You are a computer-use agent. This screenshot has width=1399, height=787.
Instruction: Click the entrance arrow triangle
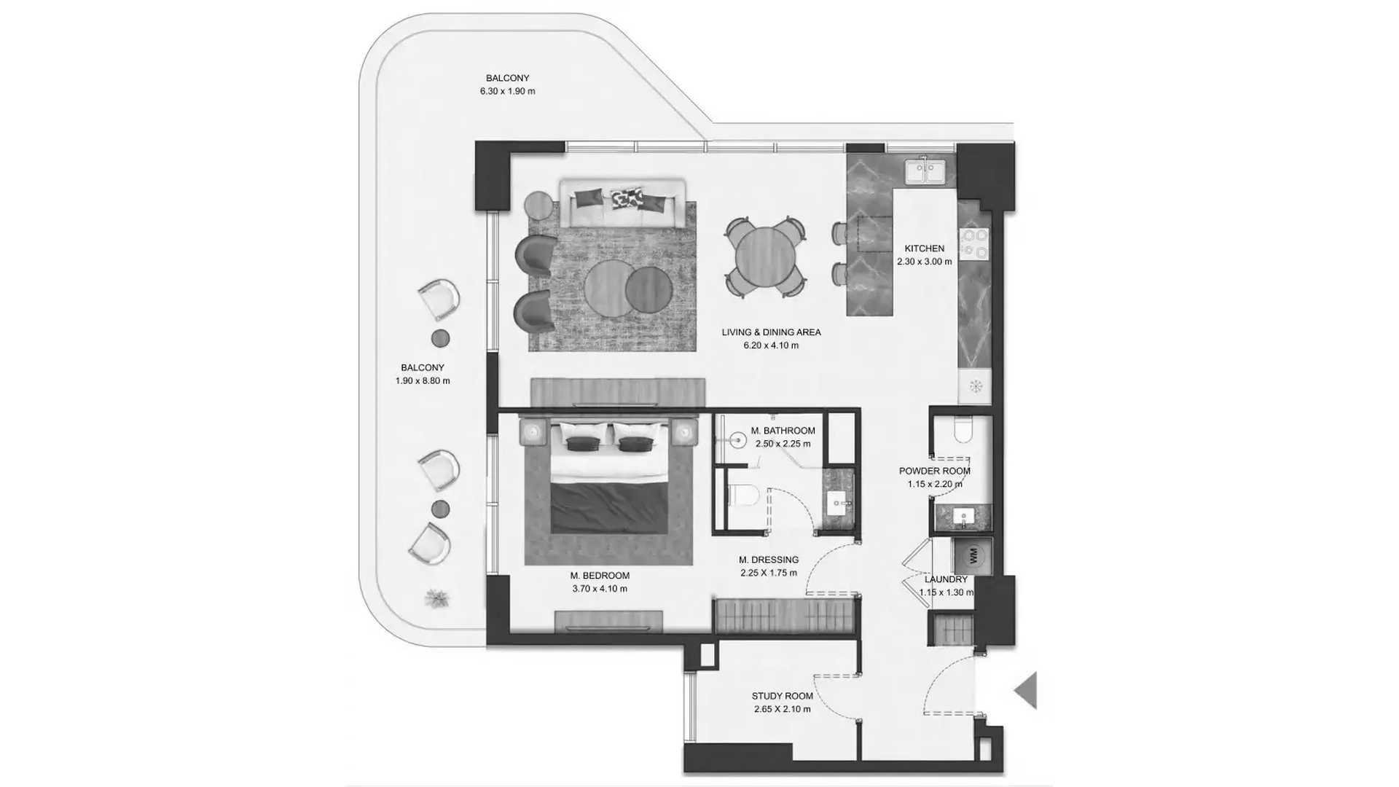(1026, 691)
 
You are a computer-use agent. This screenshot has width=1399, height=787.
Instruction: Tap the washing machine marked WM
(973, 557)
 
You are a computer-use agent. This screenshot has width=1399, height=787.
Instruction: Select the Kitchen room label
(925, 248)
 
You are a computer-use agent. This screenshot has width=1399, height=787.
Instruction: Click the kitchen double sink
(925, 172)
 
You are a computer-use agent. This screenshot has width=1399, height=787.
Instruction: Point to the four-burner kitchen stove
(973, 243)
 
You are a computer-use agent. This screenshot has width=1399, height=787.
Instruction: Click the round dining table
(765, 257)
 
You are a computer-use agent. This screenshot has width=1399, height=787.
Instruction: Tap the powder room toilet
(963, 430)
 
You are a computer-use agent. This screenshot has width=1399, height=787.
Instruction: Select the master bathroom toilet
(744, 496)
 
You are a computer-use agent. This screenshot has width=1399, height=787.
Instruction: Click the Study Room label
(783, 696)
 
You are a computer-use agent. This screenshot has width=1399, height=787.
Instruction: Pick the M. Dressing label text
(769, 560)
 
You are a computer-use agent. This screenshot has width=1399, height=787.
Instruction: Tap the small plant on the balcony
(437, 598)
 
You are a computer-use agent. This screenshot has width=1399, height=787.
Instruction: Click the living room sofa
(622, 204)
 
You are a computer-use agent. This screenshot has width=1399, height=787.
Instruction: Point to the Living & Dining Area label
(771, 332)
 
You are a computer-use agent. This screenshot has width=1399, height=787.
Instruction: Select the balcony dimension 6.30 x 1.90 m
(508, 91)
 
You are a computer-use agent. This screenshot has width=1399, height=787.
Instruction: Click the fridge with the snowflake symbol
(975, 386)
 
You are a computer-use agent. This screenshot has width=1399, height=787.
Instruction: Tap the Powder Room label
(935, 471)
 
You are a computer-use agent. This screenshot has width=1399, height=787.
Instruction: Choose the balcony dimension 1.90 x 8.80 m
(423, 380)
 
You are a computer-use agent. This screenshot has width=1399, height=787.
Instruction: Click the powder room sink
(963, 517)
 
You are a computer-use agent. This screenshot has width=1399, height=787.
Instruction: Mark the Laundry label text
(946, 579)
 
